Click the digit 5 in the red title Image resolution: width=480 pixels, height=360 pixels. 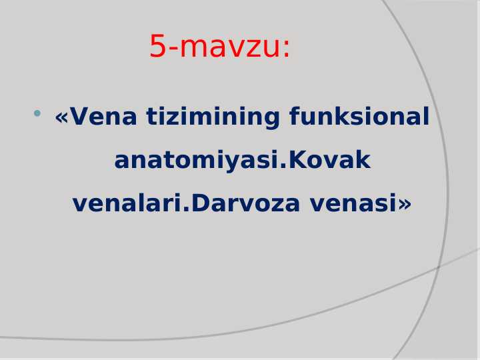[x=157, y=47]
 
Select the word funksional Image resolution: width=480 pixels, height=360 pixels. [x=359, y=117]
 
